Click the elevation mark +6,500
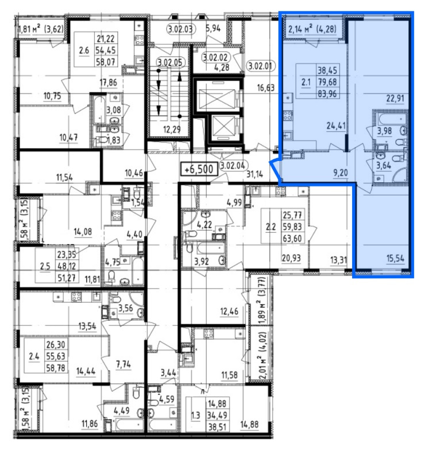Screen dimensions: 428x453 (199, 169)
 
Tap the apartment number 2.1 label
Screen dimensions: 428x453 (306, 82)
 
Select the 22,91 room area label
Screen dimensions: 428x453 (395, 98)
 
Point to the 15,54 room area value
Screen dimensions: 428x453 (395, 258)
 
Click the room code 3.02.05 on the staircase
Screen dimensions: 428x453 (170, 62)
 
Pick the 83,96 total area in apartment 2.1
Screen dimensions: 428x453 (327, 94)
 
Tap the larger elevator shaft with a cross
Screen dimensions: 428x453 (216, 96)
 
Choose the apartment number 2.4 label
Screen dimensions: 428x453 (34, 356)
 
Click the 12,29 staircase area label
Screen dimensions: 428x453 (172, 129)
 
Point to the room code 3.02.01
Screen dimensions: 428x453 (260, 66)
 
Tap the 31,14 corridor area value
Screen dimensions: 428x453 (255, 174)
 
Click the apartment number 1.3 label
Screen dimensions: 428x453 (196, 416)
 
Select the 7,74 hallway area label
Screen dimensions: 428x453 (124, 364)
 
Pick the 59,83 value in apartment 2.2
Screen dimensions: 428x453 (292, 227)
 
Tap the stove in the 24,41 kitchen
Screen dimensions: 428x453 (288, 116)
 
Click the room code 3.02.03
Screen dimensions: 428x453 (181, 29)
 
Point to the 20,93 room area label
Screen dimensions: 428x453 (291, 258)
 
